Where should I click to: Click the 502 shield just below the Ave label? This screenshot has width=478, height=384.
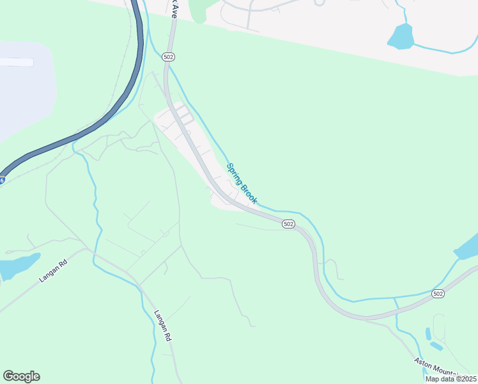168,57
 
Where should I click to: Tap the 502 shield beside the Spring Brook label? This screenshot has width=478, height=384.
288,223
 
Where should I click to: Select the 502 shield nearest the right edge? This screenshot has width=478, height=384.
437,293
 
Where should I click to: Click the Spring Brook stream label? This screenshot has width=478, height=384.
242,184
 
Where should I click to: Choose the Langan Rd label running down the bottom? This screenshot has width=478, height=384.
164,325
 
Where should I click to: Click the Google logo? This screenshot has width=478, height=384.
21,376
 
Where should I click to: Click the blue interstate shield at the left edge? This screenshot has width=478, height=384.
2,181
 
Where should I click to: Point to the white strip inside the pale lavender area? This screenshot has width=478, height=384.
17,62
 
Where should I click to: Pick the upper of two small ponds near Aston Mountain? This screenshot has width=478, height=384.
427,333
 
